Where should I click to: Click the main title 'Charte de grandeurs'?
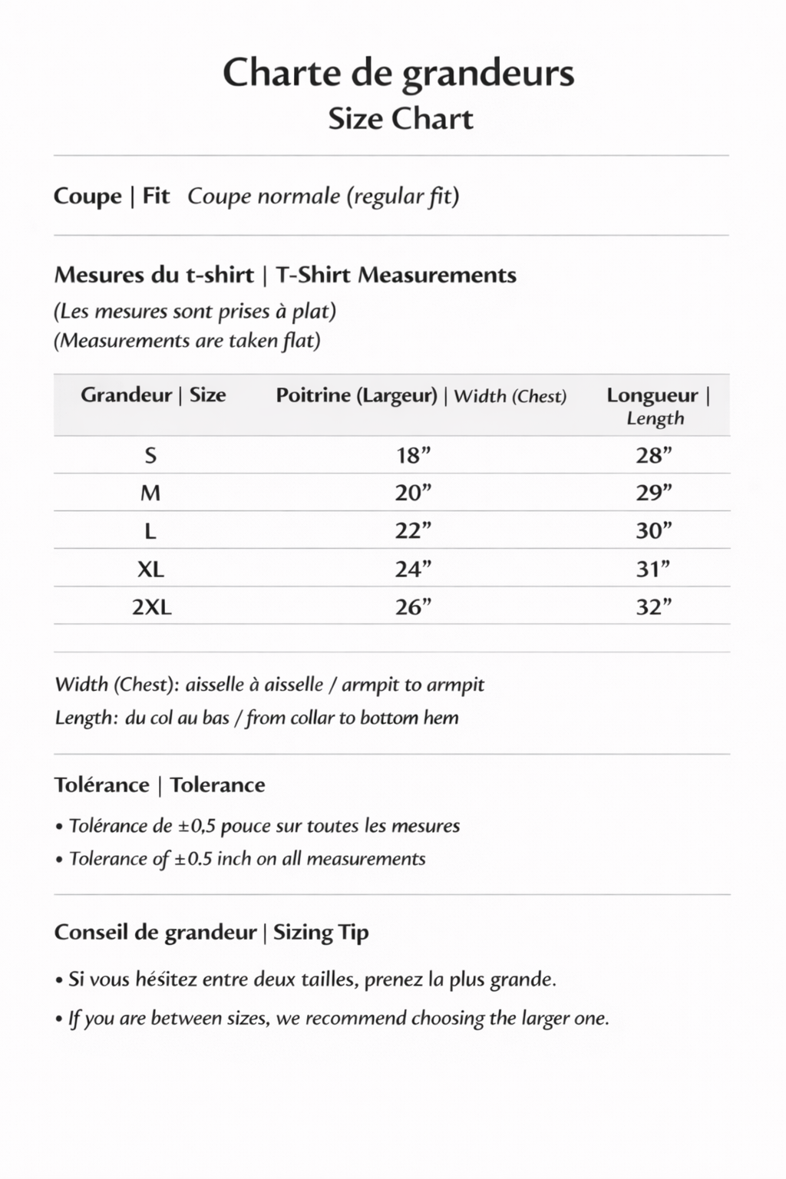point(398,74)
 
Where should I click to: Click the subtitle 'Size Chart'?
point(401,119)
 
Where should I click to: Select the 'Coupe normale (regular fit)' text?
point(323,196)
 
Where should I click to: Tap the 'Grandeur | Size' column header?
point(153,395)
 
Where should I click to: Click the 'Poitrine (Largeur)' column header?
point(356,395)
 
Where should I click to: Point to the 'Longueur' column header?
point(652,395)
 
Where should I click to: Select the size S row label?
point(150,456)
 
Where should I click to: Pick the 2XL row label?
point(152,607)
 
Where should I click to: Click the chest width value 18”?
point(413,456)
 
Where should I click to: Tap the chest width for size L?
point(413,530)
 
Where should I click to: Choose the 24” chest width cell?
point(413,569)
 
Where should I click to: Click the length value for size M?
point(653,493)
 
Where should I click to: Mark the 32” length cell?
point(653,607)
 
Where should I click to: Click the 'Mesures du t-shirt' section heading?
point(154,275)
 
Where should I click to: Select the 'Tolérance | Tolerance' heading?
point(160,784)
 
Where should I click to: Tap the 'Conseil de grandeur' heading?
point(156,932)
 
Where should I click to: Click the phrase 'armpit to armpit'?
point(413,684)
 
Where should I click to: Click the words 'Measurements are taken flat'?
point(187,340)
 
